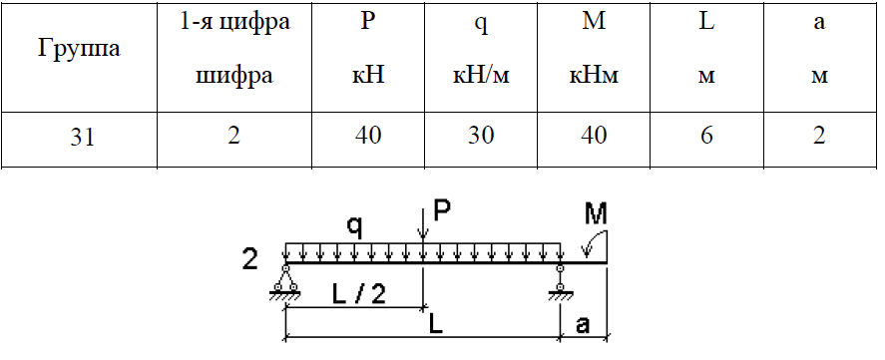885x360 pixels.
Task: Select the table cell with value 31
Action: tap(83, 137)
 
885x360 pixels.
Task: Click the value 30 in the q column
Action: tap(481, 136)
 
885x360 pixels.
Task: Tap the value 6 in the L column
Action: tap(706, 136)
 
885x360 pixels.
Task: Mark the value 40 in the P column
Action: tap(368, 136)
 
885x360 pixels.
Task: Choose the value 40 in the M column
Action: tap(594, 136)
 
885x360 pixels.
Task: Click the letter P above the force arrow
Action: tap(443, 210)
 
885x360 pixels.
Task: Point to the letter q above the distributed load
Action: tap(354, 226)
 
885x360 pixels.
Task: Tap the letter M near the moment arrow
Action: tap(596, 213)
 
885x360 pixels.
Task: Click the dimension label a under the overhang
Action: tap(583, 325)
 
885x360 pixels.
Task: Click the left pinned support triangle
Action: tap(285, 279)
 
